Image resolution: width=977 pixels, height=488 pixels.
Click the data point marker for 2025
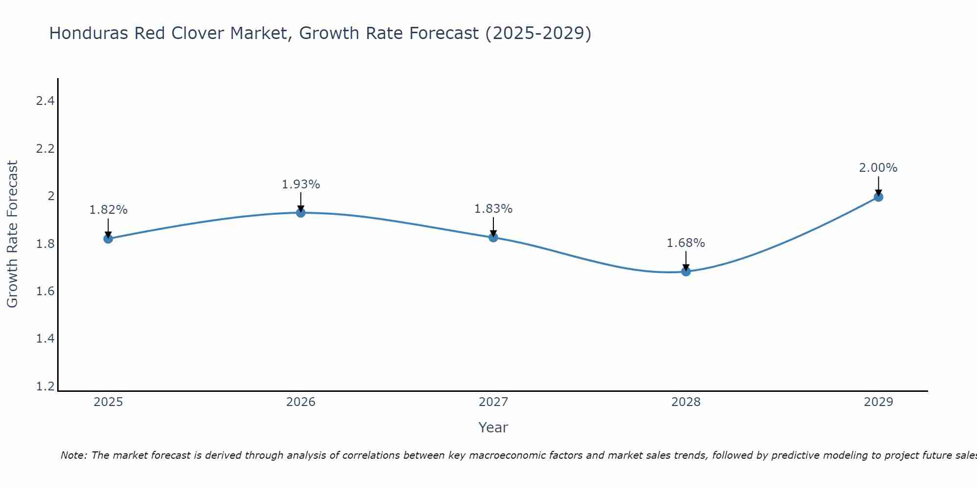(108, 239)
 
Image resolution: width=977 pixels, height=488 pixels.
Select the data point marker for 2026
(300, 212)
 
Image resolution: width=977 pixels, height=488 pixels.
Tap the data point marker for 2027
(493, 237)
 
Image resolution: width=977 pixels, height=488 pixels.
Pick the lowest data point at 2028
(686, 271)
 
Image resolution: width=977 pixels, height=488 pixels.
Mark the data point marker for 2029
(878, 197)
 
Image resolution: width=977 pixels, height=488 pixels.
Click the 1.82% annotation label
(108, 210)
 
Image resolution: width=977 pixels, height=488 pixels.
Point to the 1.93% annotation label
(300, 184)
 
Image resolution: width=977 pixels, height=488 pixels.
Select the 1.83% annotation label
(493, 209)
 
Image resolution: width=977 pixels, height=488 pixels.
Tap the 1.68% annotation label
(686, 243)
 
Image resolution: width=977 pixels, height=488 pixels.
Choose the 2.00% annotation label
(878, 168)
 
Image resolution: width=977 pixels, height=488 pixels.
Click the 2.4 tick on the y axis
(45, 101)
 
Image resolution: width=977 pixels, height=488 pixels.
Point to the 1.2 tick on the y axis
(45, 386)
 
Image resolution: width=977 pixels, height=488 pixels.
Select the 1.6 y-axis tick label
(45, 291)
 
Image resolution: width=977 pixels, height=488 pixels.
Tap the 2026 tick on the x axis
(300, 402)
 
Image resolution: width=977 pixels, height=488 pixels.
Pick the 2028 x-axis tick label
(686, 402)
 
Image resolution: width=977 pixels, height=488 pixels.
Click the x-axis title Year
(493, 427)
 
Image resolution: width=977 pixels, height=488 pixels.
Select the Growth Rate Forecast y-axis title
(12, 234)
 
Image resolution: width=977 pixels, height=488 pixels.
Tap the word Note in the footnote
(73, 455)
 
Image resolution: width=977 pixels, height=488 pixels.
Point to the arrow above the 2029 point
(878, 185)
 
